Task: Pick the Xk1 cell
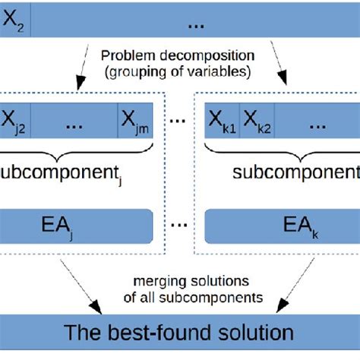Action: tap(223, 120)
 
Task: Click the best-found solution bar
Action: tap(179, 332)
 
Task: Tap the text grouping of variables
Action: tap(179, 74)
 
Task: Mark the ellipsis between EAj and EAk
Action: tap(179, 226)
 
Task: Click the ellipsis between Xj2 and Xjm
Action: tap(76, 121)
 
